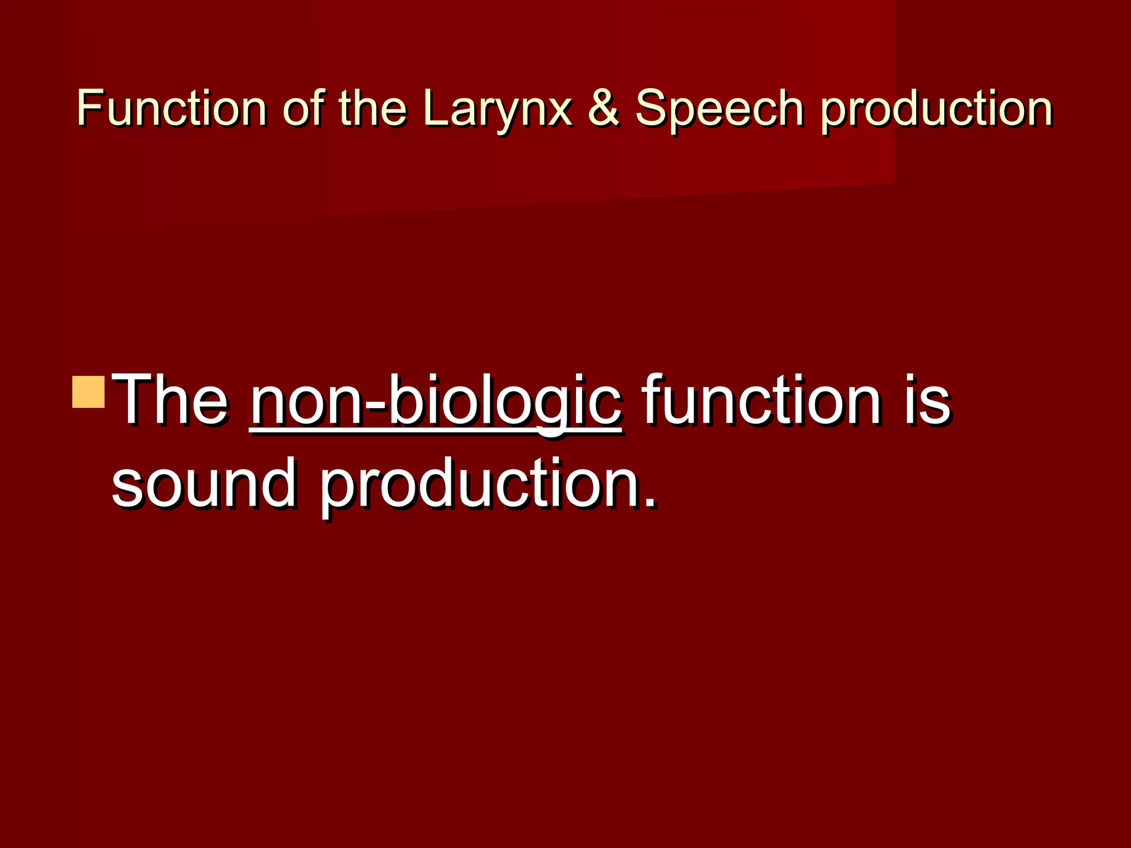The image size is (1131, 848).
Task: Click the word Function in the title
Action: tap(171, 108)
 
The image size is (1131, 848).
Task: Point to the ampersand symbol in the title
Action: tap(604, 108)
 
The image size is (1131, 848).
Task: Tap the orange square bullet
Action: tap(88, 392)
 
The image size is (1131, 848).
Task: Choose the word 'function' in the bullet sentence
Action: tap(762, 400)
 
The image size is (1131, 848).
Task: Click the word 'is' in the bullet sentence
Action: tap(928, 400)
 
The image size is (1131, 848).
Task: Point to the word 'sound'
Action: tap(204, 483)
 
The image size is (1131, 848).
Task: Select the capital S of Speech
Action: tap(651, 108)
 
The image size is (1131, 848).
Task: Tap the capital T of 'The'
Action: tap(133, 400)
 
